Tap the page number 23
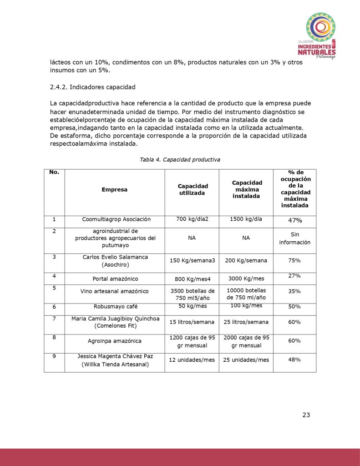[306, 415]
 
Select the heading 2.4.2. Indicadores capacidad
[93, 87]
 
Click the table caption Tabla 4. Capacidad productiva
[180, 160]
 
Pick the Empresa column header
[114, 189]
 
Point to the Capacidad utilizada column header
[192, 189]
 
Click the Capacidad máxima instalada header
[246, 189]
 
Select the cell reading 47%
[294, 220]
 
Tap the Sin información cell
[294, 238]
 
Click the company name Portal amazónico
[115, 279]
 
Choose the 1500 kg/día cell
[246, 219]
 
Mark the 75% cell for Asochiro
[294, 260]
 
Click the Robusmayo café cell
[115, 306]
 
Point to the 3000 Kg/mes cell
[246, 279]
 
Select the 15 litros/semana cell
[192, 322]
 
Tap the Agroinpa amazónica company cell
[115, 341]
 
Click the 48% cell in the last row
[294, 360]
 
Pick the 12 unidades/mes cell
[192, 360]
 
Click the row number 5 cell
[54, 288]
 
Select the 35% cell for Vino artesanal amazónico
[294, 291]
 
